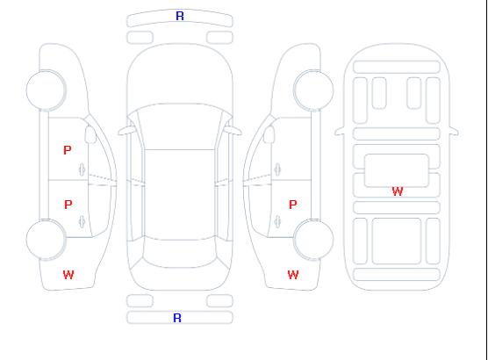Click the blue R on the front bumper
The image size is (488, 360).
[x=180, y=16]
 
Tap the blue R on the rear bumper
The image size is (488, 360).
[x=177, y=318]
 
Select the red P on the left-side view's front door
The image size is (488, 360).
[x=68, y=150]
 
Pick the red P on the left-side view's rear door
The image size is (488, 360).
[x=68, y=205]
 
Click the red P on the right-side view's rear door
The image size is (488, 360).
[x=293, y=205]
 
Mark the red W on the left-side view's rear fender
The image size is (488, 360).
[x=68, y=275]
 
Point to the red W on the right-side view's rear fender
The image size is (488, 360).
[x=293, y=275]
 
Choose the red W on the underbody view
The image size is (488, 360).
[x=398, y=191]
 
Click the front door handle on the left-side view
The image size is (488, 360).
[x=83, y=169]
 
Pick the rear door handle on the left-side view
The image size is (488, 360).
[x=83, y=221]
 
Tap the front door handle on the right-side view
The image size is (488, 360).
[x=277, y=169]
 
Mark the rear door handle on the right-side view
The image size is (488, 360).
[x=277, y=221]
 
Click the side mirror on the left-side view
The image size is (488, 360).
[x=90, y=134]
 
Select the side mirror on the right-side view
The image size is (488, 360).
[x=269, y=134]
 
